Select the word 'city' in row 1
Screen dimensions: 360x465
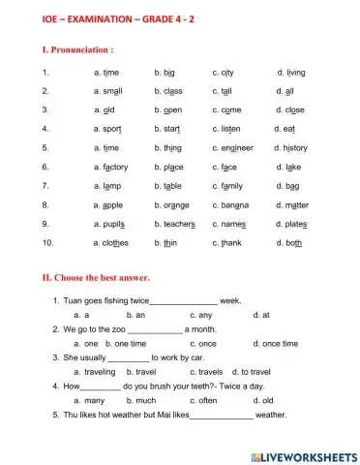pyautogui.click(x=227, y=72)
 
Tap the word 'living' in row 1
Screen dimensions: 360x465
pyautogui.click(x=294, y=72)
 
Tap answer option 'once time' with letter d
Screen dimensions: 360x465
pyautogui.click(x=280, y=343)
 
